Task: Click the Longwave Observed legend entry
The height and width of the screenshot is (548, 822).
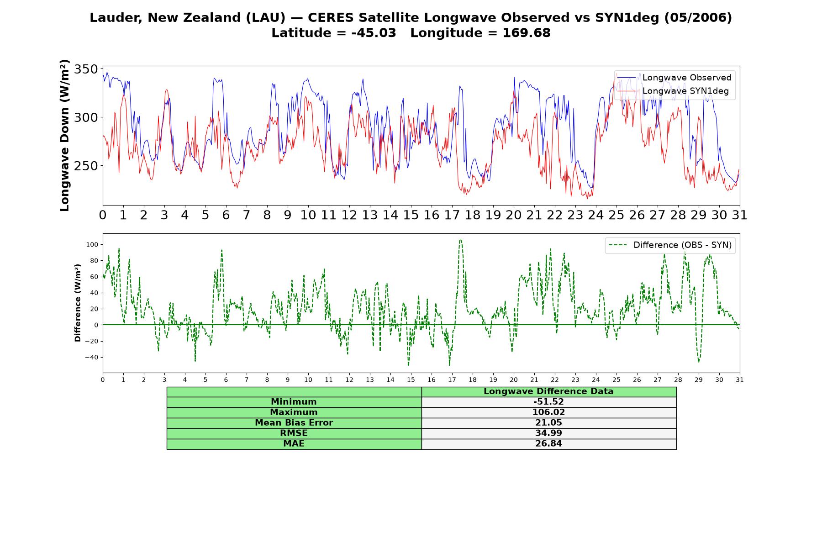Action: (x=674, y=78)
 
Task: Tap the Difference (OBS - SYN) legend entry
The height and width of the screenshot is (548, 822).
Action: (x=670, y=245)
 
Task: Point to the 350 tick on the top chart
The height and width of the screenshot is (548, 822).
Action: (x=86, y=69)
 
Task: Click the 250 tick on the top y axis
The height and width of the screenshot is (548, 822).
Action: (x=86, y=166)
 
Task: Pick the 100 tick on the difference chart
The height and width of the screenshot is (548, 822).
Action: (x=92, y=244)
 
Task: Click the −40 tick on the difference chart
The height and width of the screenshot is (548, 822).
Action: (x=91, y=357)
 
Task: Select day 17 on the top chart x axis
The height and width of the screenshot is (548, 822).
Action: (x=452, y=215)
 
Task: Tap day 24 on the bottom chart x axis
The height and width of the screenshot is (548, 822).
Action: (x=595, y=379)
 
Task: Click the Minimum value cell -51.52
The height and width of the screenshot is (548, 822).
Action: (x=548, y=402)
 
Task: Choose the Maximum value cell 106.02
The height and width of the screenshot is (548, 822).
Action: (x=548, y=412)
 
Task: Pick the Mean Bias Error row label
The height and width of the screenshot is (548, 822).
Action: (x=294, y=423)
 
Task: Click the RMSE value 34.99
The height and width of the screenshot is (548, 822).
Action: (x=548, y=433)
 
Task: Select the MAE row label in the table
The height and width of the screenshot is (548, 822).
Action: (x=294, y=444)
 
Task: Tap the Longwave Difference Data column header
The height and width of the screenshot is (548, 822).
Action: (x=548, y=391)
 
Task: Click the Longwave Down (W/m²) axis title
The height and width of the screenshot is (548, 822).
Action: (x=64, y=135)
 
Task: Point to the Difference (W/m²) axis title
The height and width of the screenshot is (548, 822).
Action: (x=78, y=303)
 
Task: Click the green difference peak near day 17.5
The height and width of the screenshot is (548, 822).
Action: (x=460, y=240)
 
